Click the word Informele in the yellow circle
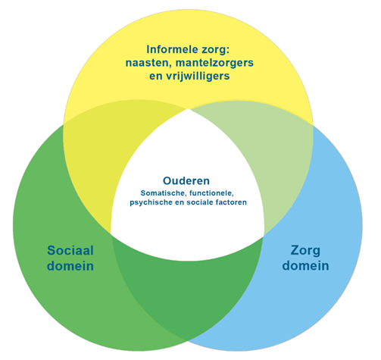pos(168,49)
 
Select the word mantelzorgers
pos(214,63)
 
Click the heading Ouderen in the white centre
pos(186,181)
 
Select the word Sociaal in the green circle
pos(70,251)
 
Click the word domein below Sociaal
pos(70,266)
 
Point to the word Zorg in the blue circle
pos(305,251)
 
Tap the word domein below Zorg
pos(305,266)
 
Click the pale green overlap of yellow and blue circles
pos(273,157)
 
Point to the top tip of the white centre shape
pos(188,109)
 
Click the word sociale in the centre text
pos(200,202)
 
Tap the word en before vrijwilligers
pos(156,77)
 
